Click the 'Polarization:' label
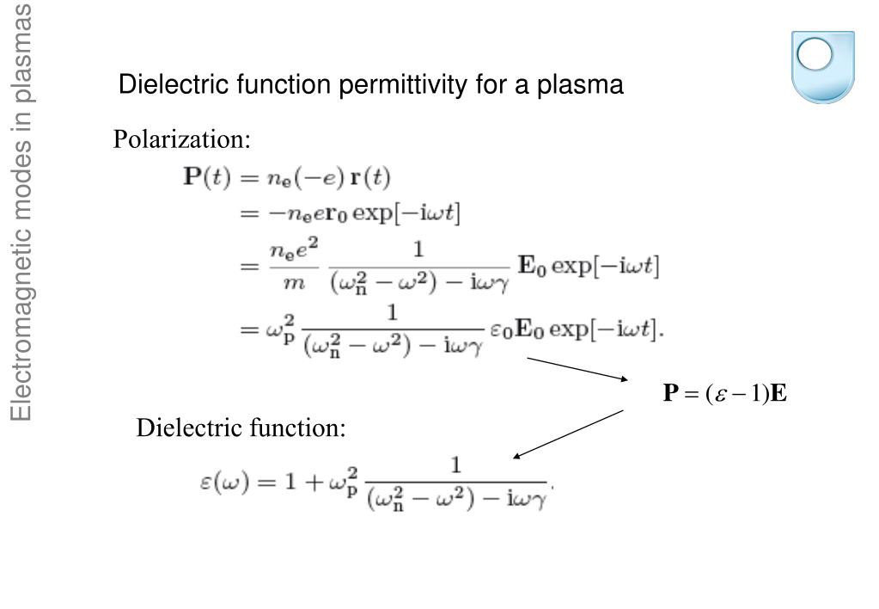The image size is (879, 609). tap(182, 139)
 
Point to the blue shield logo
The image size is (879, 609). tap(822, 66)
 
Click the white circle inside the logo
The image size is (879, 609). tap(816, 55)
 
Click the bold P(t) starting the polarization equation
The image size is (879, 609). tap(204, 178)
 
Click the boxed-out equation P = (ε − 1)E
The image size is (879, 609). tap(725, 394)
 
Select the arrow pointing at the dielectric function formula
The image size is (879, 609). tap(567, 434)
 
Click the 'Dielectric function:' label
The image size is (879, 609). tap(241, 428)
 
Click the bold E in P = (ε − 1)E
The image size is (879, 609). tap(778, 394)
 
